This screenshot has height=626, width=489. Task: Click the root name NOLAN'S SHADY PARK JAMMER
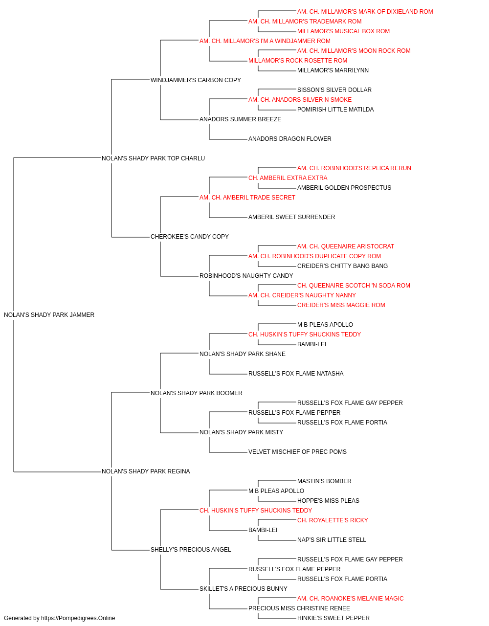pos(49,315)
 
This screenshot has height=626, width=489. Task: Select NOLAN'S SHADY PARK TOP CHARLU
pos(153,158)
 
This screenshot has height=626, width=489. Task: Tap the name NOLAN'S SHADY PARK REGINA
pos(146,471)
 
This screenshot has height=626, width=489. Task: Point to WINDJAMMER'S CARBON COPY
pos(196,80)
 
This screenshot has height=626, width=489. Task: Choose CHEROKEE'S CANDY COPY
pos(190,237)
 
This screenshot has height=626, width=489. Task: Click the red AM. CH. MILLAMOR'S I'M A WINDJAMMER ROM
pos(265,41)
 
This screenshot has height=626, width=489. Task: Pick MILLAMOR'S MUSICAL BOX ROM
pos(344,31)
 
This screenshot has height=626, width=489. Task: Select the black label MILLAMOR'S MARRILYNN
pos(333,70)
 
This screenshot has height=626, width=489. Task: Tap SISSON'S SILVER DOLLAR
pos(334,90)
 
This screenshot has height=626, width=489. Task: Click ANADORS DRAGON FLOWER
pos(290,139)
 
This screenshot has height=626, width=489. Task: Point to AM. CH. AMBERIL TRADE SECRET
pos(247,198)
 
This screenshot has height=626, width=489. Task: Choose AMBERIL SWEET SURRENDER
pos(292,217)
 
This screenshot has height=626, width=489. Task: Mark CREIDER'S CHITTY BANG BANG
pos(342,266)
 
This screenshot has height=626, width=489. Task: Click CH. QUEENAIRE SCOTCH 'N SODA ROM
pos(354,286)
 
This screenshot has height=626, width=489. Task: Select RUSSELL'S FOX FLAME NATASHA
pos(296,374)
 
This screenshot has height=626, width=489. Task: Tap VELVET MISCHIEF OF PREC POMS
pos(297,452)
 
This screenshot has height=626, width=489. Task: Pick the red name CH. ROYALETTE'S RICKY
pos(333,520)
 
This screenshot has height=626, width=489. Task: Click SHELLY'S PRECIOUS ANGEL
pos(191,550)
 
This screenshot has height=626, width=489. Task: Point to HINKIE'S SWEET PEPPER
pos(333,618)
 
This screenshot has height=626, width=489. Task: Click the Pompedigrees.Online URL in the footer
pos(78,618)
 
